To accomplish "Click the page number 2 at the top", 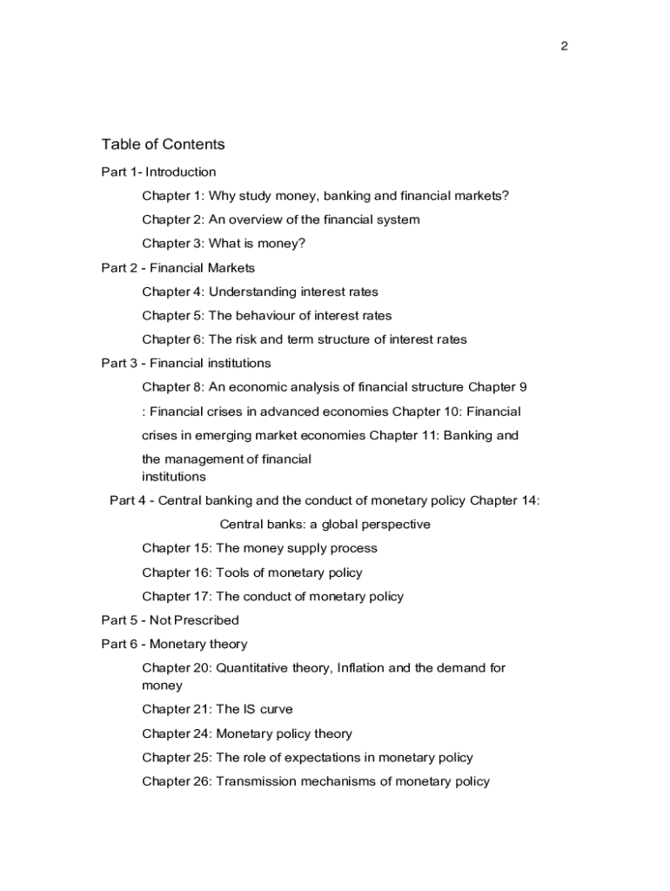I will point(564,47).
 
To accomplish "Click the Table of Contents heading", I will point(163,144).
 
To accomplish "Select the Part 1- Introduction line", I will point(158,172).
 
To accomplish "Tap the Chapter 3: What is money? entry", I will point(224,244).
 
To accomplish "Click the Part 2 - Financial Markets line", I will point(178,268).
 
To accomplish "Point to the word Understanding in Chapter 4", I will point(251,291).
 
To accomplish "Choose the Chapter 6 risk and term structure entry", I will point(305,339).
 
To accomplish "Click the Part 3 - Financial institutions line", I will point(185,363).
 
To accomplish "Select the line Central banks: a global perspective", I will point(325,524).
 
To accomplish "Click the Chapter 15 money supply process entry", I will point(259,548).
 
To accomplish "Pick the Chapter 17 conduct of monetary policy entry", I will point(272,596).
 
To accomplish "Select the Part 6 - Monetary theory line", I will point(174,644).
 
